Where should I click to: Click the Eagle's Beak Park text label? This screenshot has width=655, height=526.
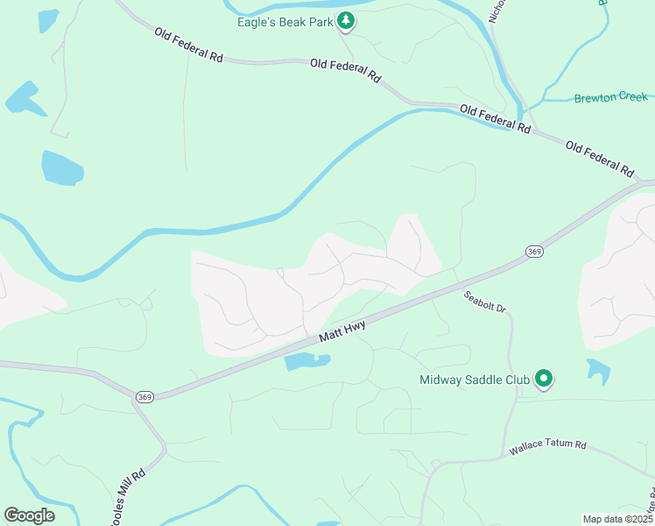(x=285, y=21)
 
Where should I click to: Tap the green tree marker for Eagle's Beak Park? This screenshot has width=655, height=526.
(x=346, y=20)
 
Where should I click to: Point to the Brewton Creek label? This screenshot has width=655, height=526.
(x=610, y=97)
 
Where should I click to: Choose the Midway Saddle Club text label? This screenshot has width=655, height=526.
(x=475, y=380)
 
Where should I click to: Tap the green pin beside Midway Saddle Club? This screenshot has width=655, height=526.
(x=544, y=379)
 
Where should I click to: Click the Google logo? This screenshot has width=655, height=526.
(x=29, y=515)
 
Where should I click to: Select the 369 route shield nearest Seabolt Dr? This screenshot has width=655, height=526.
(x=534, y=252)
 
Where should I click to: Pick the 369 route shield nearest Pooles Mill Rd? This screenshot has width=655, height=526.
(x=144, y=397)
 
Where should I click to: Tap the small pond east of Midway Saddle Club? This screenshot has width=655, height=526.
(x=599, y=370)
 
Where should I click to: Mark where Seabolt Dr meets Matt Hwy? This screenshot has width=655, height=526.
(x=455, y=284)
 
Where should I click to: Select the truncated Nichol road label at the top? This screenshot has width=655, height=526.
(x=497, y=11)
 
